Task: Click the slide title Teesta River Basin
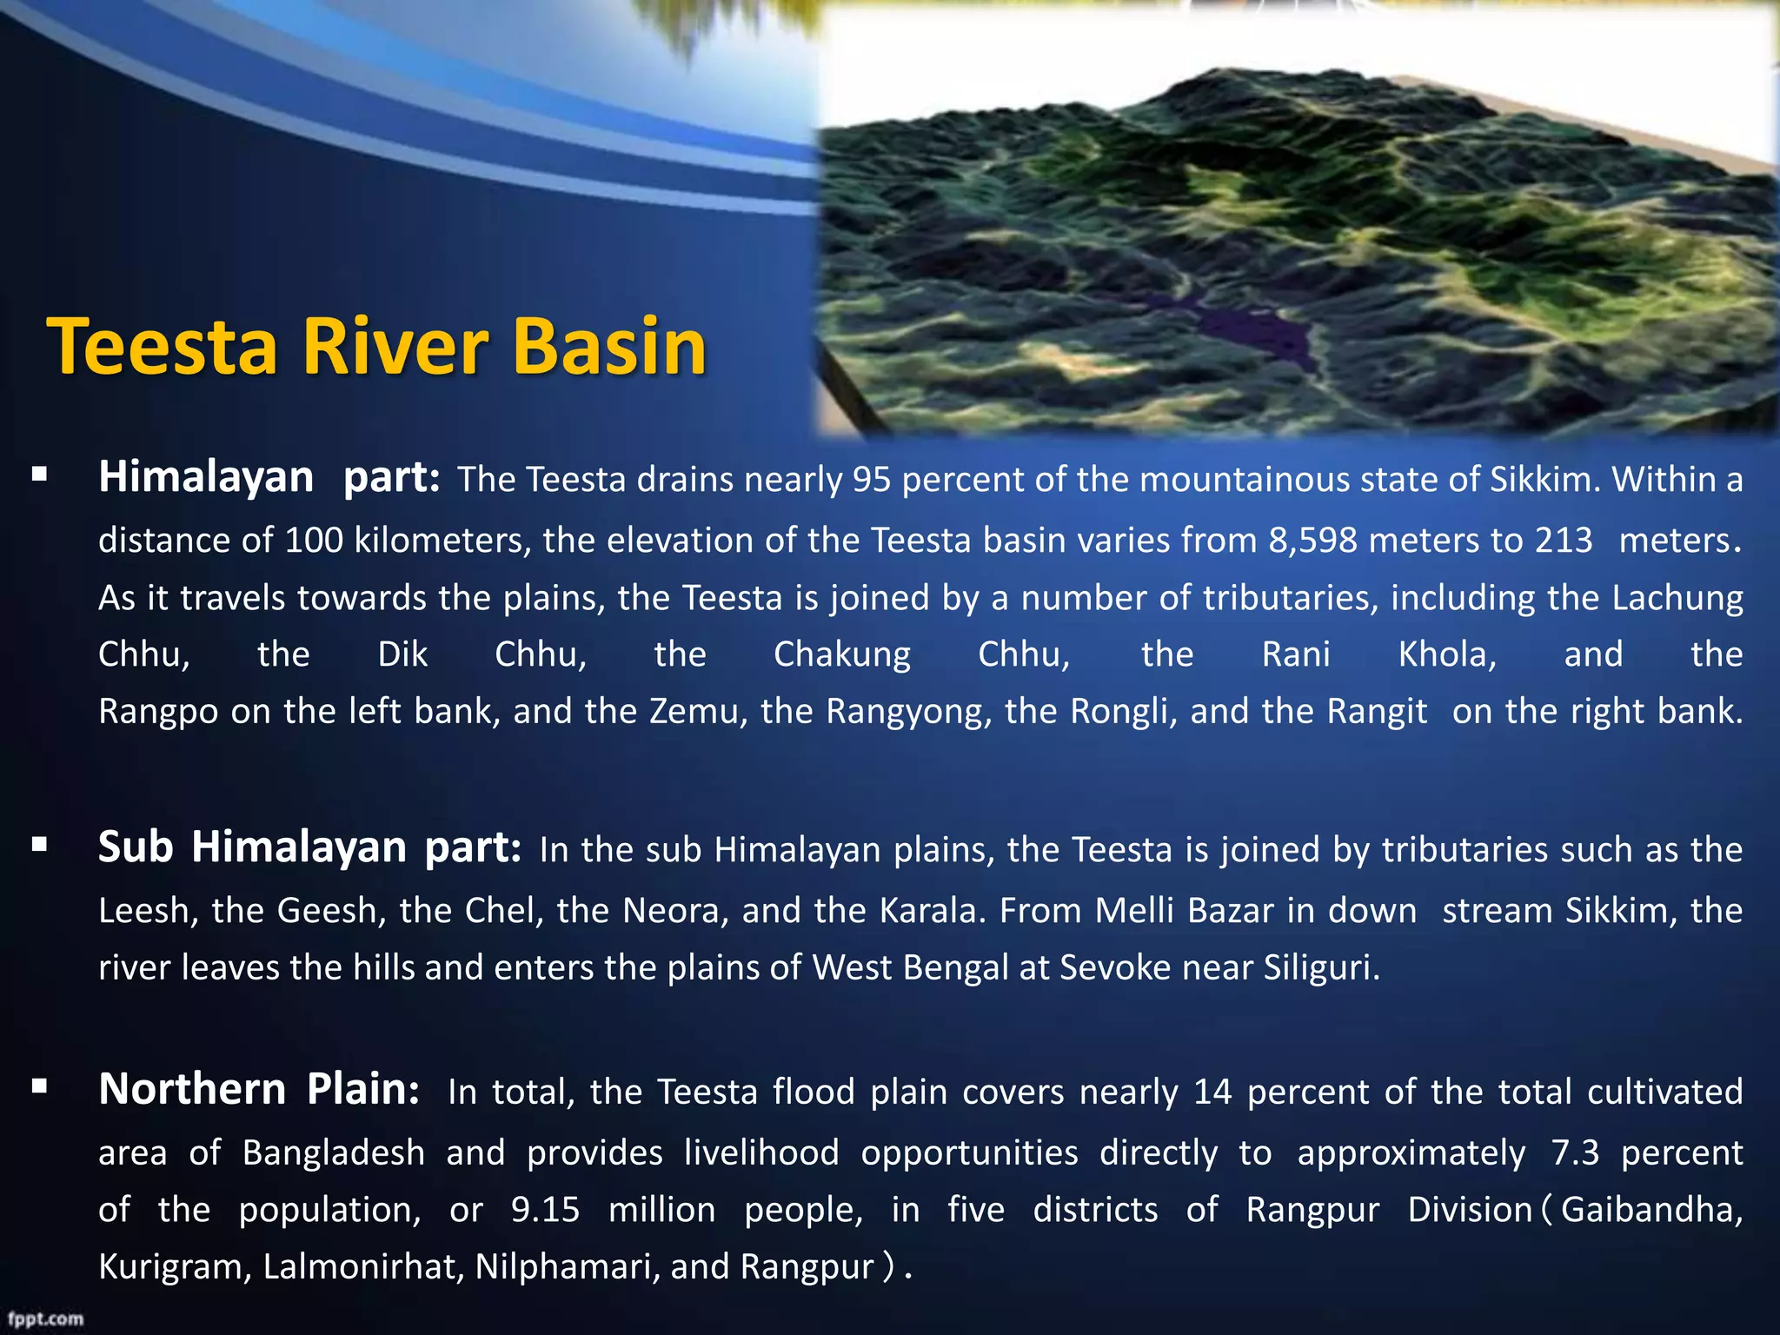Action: [x=376, y=346]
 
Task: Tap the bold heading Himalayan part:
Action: [x=269, y=477]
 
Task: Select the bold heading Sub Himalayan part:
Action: [x=309, y=847]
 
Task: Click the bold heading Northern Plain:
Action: [x=259, y=1089]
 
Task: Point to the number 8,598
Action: [x=1312, y=541]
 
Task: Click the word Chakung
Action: [x=841, y=654]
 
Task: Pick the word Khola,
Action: [x=1446, y=654]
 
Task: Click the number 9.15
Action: [x=545, y=1210]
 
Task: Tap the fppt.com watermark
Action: [x=46, y=1318]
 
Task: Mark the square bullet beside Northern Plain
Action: [x=39, y=1086]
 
